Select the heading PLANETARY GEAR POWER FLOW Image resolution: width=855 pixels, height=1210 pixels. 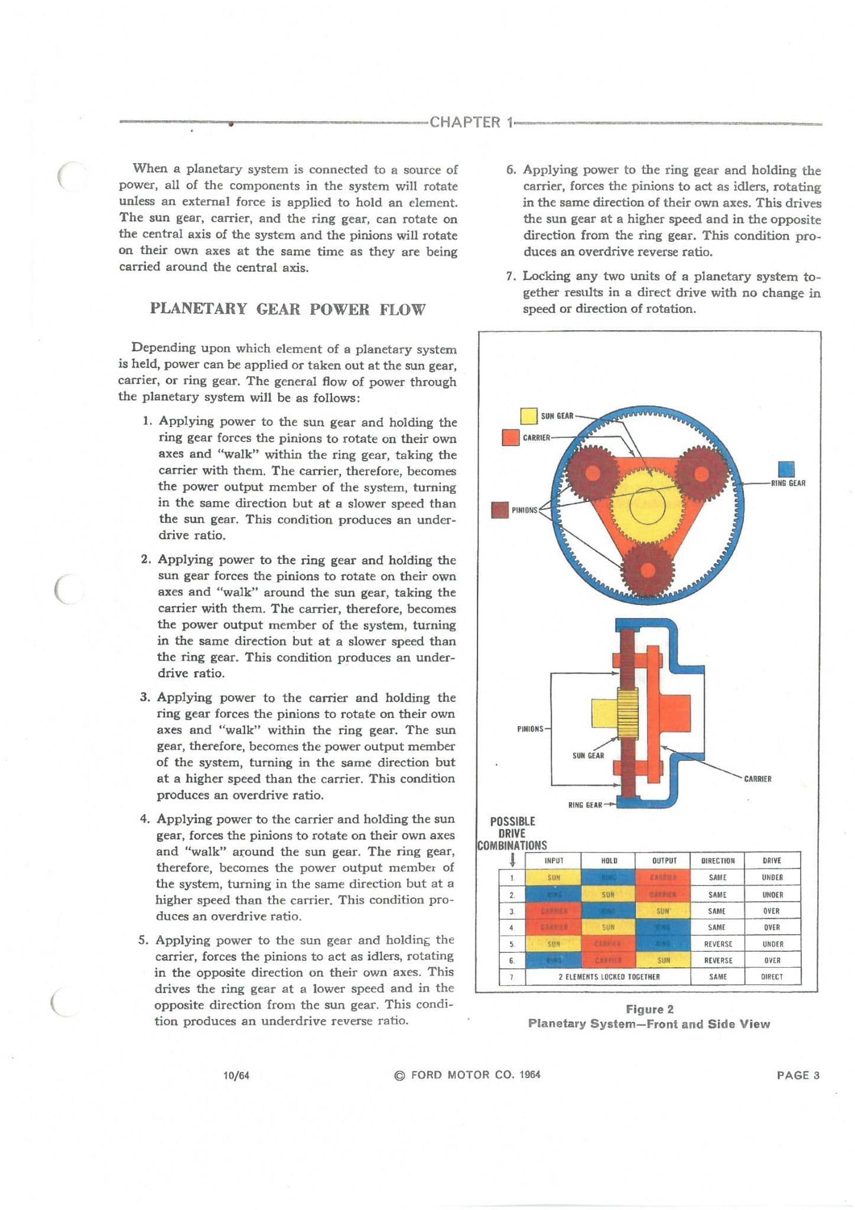coord(287,309)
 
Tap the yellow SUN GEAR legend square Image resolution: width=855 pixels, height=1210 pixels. coord(528,416)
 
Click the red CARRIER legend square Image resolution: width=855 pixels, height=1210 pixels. coord(510,437)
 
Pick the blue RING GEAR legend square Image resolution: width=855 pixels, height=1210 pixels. coord(786,469)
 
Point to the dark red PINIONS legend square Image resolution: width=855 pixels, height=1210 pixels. coord(500,510)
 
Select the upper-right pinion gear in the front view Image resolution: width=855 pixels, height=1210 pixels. coord(701,473)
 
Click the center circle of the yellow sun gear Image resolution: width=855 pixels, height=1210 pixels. coord(648,506)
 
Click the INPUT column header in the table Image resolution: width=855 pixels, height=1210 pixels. coord(554,861)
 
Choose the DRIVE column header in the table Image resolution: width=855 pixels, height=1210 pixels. coord(772,861)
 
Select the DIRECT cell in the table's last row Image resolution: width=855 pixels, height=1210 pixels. coord(772,977)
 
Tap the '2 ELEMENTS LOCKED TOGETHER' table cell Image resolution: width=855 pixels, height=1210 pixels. coord(609,977)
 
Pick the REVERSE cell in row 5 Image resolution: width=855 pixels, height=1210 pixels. coord(718,944)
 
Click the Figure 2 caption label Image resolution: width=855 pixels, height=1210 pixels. coord(649,1009)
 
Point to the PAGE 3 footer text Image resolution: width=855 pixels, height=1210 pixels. coord(798,1075)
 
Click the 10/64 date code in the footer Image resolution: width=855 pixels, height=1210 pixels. coord(236,1075)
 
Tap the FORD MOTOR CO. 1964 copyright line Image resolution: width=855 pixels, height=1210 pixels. coord(467,1075)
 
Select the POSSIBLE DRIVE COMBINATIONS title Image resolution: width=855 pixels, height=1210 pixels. coord(512,833)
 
